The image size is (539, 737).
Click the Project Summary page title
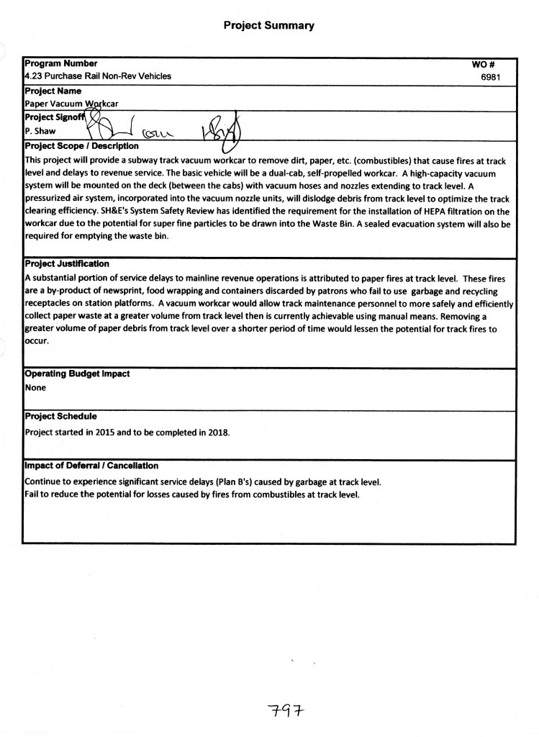(268, 26)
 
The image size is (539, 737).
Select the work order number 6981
(490, 76)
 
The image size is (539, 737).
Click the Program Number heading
(61, 64)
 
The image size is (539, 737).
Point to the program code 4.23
(34, 76)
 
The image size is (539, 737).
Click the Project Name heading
(53, 91)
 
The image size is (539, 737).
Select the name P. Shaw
(40, 132)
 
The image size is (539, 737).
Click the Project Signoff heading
(55, 117)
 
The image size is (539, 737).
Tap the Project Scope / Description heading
(81, 146)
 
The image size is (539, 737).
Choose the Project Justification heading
(67, 264)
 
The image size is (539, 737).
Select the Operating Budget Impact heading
(77, 374)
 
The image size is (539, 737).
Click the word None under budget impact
(35, 388)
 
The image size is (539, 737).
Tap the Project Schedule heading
(60, 416)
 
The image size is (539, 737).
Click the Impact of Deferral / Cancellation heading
(91, 466)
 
